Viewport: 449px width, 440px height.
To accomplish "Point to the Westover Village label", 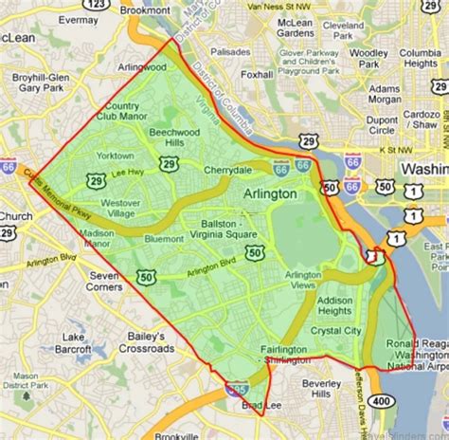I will (120, 209).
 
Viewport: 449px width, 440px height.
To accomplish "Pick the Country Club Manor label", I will (124, 112).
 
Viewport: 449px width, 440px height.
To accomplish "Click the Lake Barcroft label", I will (78, 342).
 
